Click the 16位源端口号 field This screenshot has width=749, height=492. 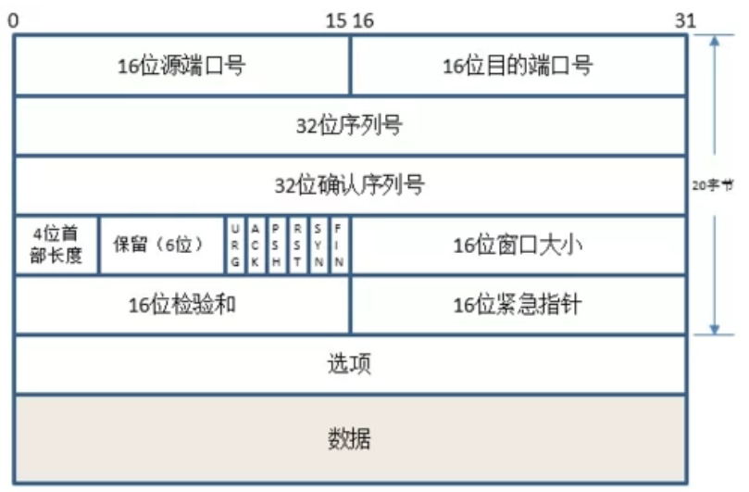pos(182,66)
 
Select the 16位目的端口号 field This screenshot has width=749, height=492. pos(518,66)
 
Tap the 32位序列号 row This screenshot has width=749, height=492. pos(351,125)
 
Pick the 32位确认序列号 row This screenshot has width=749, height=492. pos(351,184)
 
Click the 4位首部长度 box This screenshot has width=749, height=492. pos(56,246)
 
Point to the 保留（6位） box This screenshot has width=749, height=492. pos(161,246)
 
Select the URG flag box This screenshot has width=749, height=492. pos(235,246)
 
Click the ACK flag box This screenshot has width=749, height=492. pos(256,246)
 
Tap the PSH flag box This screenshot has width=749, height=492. pos(277,246)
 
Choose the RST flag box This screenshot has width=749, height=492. pos(298,246)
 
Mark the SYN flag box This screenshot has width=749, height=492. pos(319,246)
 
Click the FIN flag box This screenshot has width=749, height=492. pos(340,246)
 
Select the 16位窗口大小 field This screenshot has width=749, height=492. pos(518,246)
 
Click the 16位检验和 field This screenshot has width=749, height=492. pos(182,304)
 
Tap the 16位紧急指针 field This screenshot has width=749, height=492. pos(518,304)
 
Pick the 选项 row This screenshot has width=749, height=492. pos(351,364)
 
